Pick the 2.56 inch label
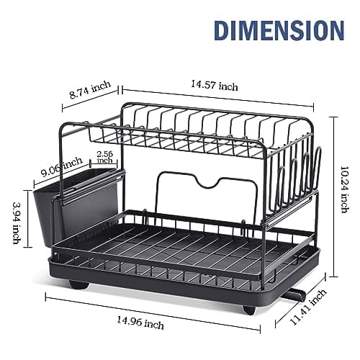pos(105,158)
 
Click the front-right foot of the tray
pos(248,308)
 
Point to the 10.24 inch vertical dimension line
pos(333,194)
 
